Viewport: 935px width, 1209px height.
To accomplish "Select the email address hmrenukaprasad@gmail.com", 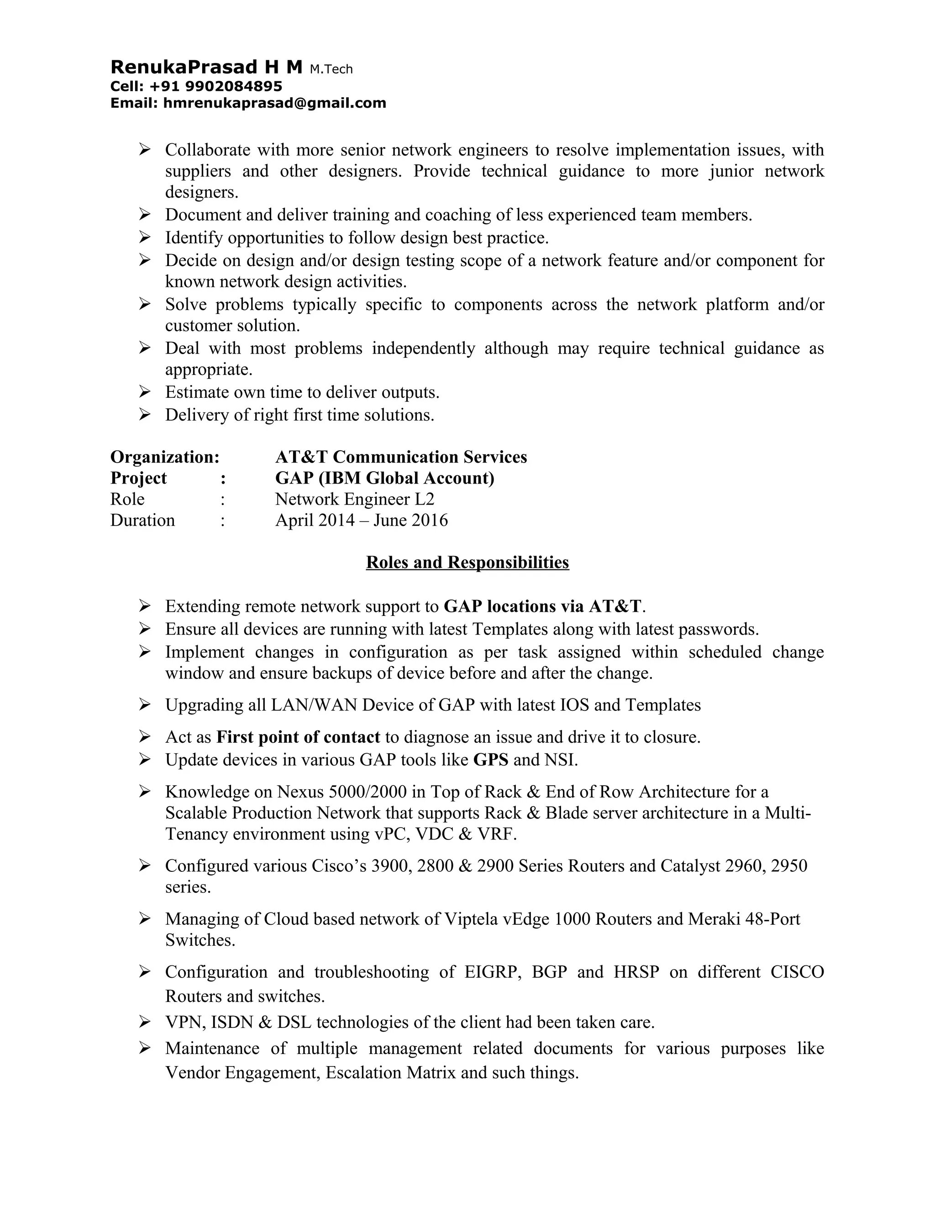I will pyautogui.click(x=274, y=103).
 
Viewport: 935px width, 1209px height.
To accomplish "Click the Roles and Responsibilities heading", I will pyautogui.click(x=467, y=562).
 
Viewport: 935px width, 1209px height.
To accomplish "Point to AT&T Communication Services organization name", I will pyautogui.click(x=400, y=457).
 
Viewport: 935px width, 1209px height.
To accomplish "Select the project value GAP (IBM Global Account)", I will pyautogui.click(x=384, y=478).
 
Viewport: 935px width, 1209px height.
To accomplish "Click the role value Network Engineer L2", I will pyautogui.click(x=354, y=499).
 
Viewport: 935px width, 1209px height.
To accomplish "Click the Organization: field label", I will pyautogui.click(x=164, y=457).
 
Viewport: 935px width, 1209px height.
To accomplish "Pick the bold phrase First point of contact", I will pyautogui.click(x=298, y=737).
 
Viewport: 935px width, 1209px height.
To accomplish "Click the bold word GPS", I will pyautogui.click(x=490, y=760).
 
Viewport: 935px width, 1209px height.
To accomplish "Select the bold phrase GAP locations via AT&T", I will pyautogui.click(x=542, y=606).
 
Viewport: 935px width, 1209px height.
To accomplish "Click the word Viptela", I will pyautogui.click(x=471, y=919).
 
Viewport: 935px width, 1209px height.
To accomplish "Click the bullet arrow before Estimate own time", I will pyautogui.click(x=145, y=392).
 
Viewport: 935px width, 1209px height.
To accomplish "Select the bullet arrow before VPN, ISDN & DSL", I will pyautogui.click(x=145, y=1021).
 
